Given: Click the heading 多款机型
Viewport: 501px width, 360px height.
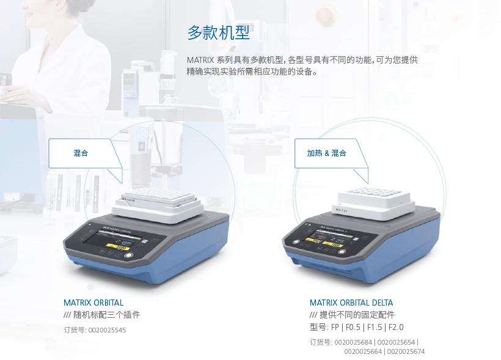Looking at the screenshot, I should pos(218,33).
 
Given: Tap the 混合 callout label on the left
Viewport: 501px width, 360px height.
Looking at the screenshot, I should pos(81,153).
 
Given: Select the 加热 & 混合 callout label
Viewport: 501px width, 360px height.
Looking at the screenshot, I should pos(326,153).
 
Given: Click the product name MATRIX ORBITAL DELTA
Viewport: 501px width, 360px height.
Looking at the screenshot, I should pos(351,303).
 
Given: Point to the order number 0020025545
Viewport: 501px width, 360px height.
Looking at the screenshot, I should pos(107,330).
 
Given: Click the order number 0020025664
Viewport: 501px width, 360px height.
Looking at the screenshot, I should pos(363,351).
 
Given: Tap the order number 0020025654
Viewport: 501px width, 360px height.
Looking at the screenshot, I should pos(397,342).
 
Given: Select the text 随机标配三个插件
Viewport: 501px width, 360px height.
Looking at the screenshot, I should pos(107,315).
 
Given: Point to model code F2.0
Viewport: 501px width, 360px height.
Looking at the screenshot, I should pos(396,327).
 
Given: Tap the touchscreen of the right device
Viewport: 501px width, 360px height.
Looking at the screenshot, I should pos(331,241).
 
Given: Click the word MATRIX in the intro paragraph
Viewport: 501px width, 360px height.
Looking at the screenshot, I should pos(200,60).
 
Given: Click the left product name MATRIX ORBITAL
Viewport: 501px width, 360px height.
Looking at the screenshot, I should pos(93,303).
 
